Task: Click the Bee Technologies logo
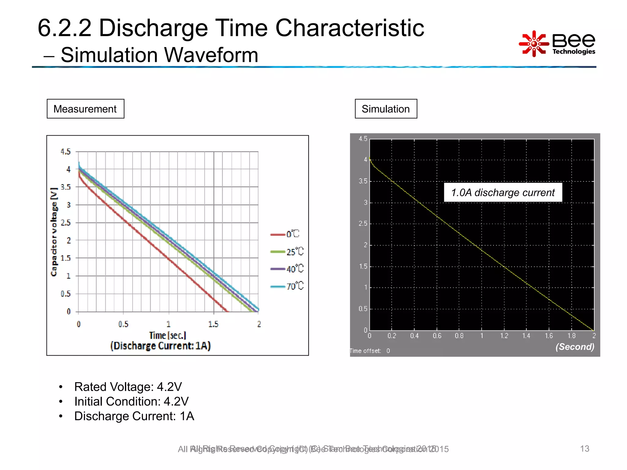pos(557,44)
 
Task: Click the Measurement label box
pos(85,109)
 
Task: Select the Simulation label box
pos(386,109)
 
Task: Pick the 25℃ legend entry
pos(287,252)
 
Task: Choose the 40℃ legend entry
pos(287,269)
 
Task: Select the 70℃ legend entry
pos(287,286)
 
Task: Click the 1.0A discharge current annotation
pos(503,192)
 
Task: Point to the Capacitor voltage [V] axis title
pos(54,232)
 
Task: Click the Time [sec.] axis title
pos(167,335)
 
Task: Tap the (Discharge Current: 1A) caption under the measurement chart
pos(160,346)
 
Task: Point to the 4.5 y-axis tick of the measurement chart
pos(66,151)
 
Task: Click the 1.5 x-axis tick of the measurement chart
pos(213,324)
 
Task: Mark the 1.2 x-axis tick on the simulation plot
pos(504,336)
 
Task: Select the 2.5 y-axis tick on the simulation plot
pos(363,224)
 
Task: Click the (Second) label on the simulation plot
pos(575,347)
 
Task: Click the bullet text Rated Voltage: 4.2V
pos(128,387)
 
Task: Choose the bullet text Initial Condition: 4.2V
pos(131,401)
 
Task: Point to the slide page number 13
pos(584,449)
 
